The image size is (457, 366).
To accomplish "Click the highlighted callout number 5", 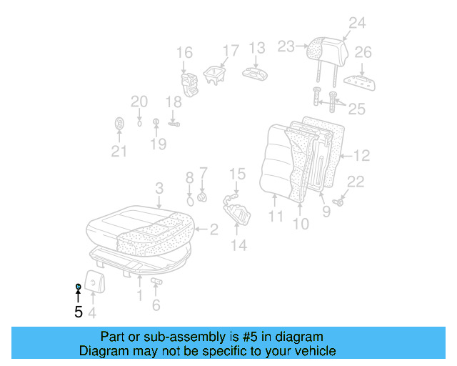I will point(79,312).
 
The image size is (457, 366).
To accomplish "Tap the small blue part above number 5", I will point(78,287).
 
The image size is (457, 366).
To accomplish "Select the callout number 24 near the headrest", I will point(356,23).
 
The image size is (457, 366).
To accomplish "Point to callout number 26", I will point(363,52).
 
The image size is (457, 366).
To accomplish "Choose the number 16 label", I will point(184,52).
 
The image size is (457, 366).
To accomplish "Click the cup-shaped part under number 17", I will point(214,75).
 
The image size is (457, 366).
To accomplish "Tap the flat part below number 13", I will point(255,74).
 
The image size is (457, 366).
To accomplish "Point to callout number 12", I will point(362,154).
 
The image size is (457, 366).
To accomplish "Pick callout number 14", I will point(238,245).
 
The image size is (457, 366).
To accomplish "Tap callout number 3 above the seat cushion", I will point(159,188).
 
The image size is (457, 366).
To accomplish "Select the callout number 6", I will point(156,306).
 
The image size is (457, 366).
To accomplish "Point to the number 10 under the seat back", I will point(301,224).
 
